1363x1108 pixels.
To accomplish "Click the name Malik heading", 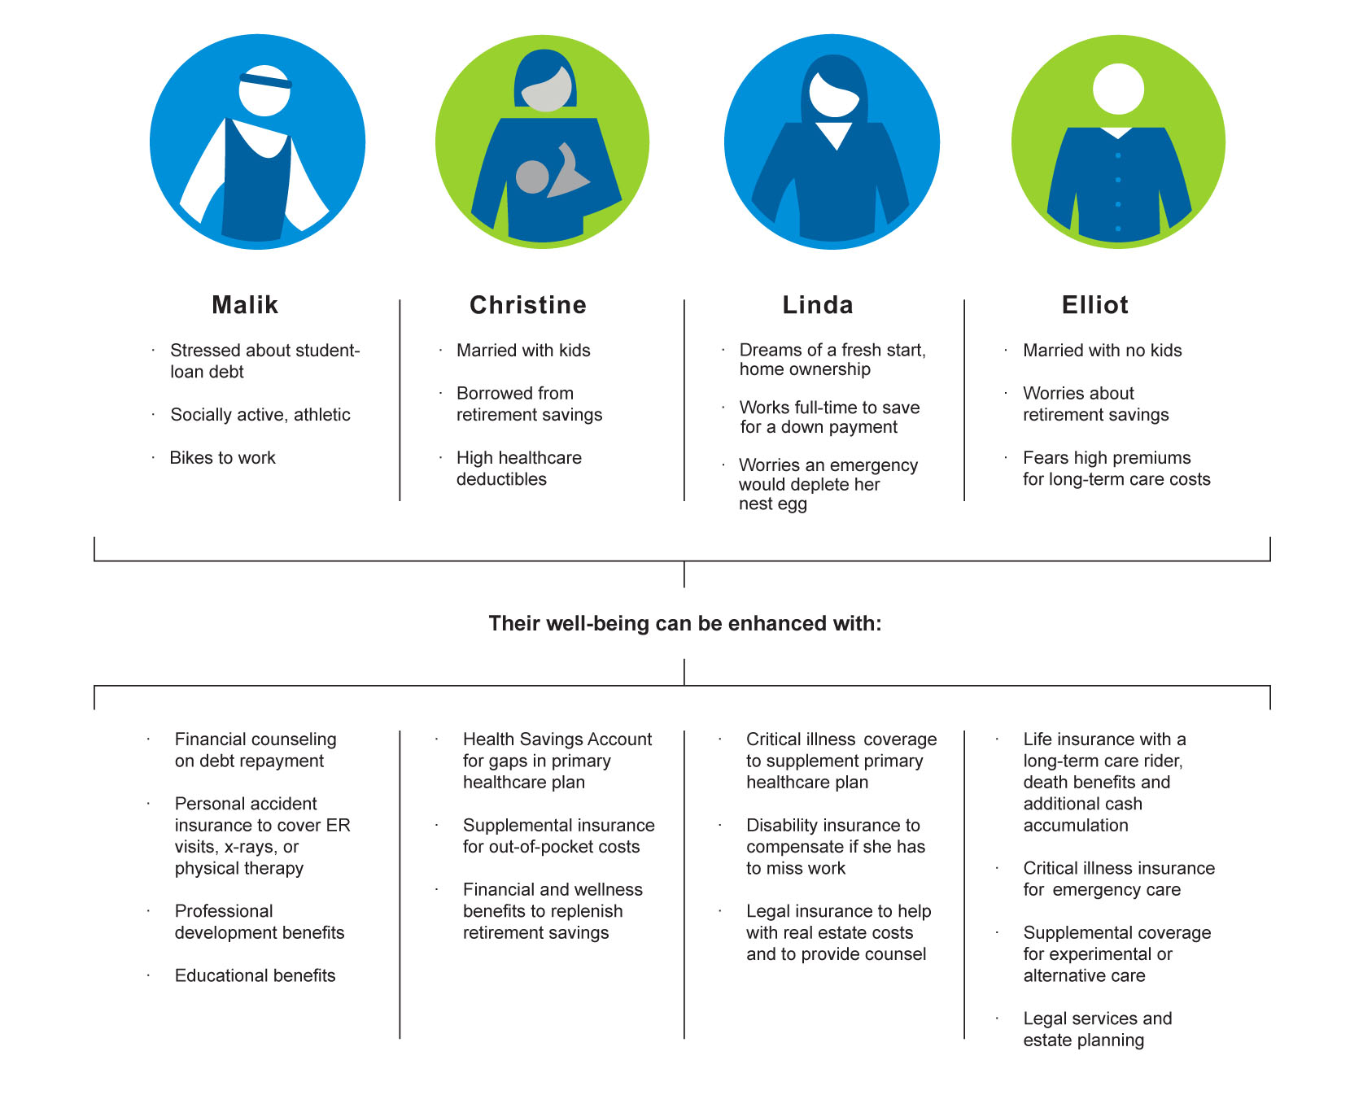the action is [x=245, y=305].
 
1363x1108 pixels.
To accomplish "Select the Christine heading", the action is [x=528, y=305].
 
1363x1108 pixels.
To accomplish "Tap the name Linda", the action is [x=818, y=305].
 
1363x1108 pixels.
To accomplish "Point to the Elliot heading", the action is [x=1095, y=305].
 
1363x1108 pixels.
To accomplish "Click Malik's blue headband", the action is [x=265, y=81].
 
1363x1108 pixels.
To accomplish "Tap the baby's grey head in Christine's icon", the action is [x=533, y=177].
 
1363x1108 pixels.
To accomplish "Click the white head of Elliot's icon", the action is [x=1118, y=89].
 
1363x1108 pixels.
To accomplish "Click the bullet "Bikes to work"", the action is [x=222, y=458].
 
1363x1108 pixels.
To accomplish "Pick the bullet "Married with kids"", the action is [x=523, y=351].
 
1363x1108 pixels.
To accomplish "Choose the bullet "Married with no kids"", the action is [x=1103, y=351].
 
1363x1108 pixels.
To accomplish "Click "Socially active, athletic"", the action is [x=260, y=415].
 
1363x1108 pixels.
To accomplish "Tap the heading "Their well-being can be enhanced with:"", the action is [x=685, y=624].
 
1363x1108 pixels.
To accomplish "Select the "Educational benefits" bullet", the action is [x=255, y=975].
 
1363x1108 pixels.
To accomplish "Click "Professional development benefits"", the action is [x=260, y=922].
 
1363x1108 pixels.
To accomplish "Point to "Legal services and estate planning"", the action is [x=1098, y=1029].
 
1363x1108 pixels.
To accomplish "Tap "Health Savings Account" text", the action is [x=557, y=739].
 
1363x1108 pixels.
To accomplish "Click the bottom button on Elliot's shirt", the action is [x=1118, y=229].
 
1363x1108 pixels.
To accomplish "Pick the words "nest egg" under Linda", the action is [x=773, y=504].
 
